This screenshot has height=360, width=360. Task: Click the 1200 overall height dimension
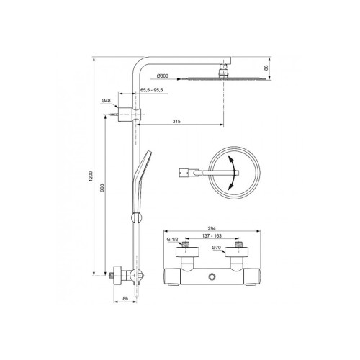(x=91, y=176)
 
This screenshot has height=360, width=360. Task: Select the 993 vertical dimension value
(x=102, y=187)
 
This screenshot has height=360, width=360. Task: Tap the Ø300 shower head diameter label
(x=163, y=76)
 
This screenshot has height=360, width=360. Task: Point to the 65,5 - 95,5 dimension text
(x=152, y=90)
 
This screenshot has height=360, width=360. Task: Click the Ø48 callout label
(x=106, y=101)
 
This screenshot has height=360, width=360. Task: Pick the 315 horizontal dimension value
(x=176, y=121)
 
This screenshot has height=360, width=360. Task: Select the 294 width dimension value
(x=212, y=228)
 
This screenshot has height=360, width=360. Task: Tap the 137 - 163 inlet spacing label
(x=212, y=235)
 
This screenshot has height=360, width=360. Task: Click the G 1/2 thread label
(x=173, y=240)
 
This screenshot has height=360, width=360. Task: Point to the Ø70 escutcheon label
(x=217, y=247)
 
